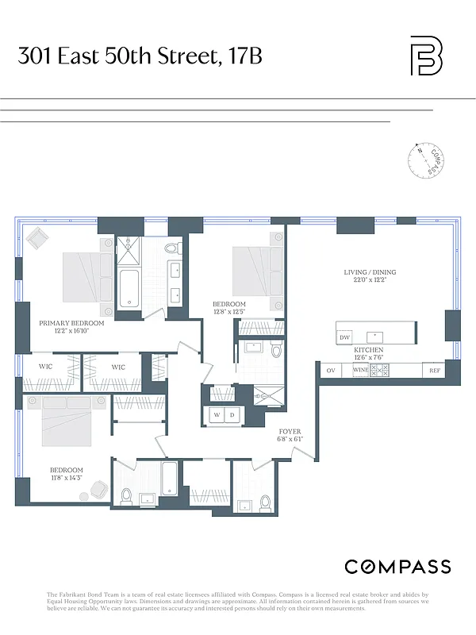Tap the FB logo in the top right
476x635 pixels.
coord(426,56)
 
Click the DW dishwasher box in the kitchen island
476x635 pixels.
coord(344,337)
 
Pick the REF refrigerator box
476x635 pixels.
coord(434,370)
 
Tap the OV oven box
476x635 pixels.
coord(330,370)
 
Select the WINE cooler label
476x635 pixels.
coord(359,370)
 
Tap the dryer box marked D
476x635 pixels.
coord(233,415)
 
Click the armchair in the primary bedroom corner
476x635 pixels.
coord(38,238)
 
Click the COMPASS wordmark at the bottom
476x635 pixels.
coord(397,567)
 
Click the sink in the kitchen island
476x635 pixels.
coord(378,334)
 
